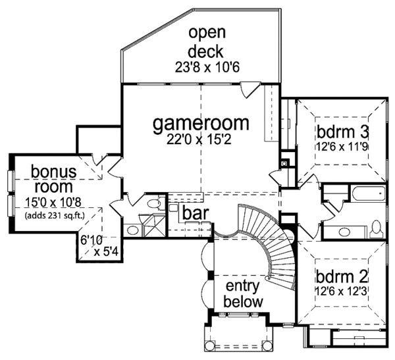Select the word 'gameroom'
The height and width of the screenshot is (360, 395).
coord(201,123)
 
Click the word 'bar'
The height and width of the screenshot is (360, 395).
coord(196,213)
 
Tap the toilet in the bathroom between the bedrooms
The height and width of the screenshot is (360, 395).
coord(376,229)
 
